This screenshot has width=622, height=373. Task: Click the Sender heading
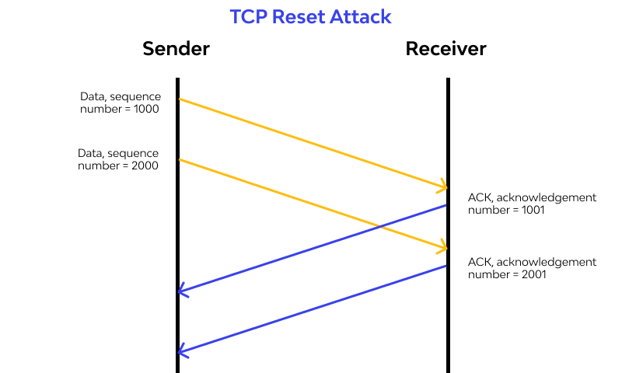tap(176, 49)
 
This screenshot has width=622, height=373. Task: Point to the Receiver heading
tap(446, 49)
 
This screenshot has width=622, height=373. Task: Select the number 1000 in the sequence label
tap(145, 109)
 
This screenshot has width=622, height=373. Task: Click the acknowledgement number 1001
tap(532, 210)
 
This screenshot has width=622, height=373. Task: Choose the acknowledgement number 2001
tap(533, 274)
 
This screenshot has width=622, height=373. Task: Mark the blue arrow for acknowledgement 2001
tap(311, 309)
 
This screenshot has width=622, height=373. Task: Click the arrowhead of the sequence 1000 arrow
tap(444, 186)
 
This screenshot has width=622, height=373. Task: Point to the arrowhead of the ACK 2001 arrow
tap(183, 351)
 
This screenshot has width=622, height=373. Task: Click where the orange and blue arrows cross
tap(379, 226)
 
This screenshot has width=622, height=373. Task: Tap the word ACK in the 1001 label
tap(479, 197)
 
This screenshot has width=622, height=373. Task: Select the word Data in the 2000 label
tap(90, 153)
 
